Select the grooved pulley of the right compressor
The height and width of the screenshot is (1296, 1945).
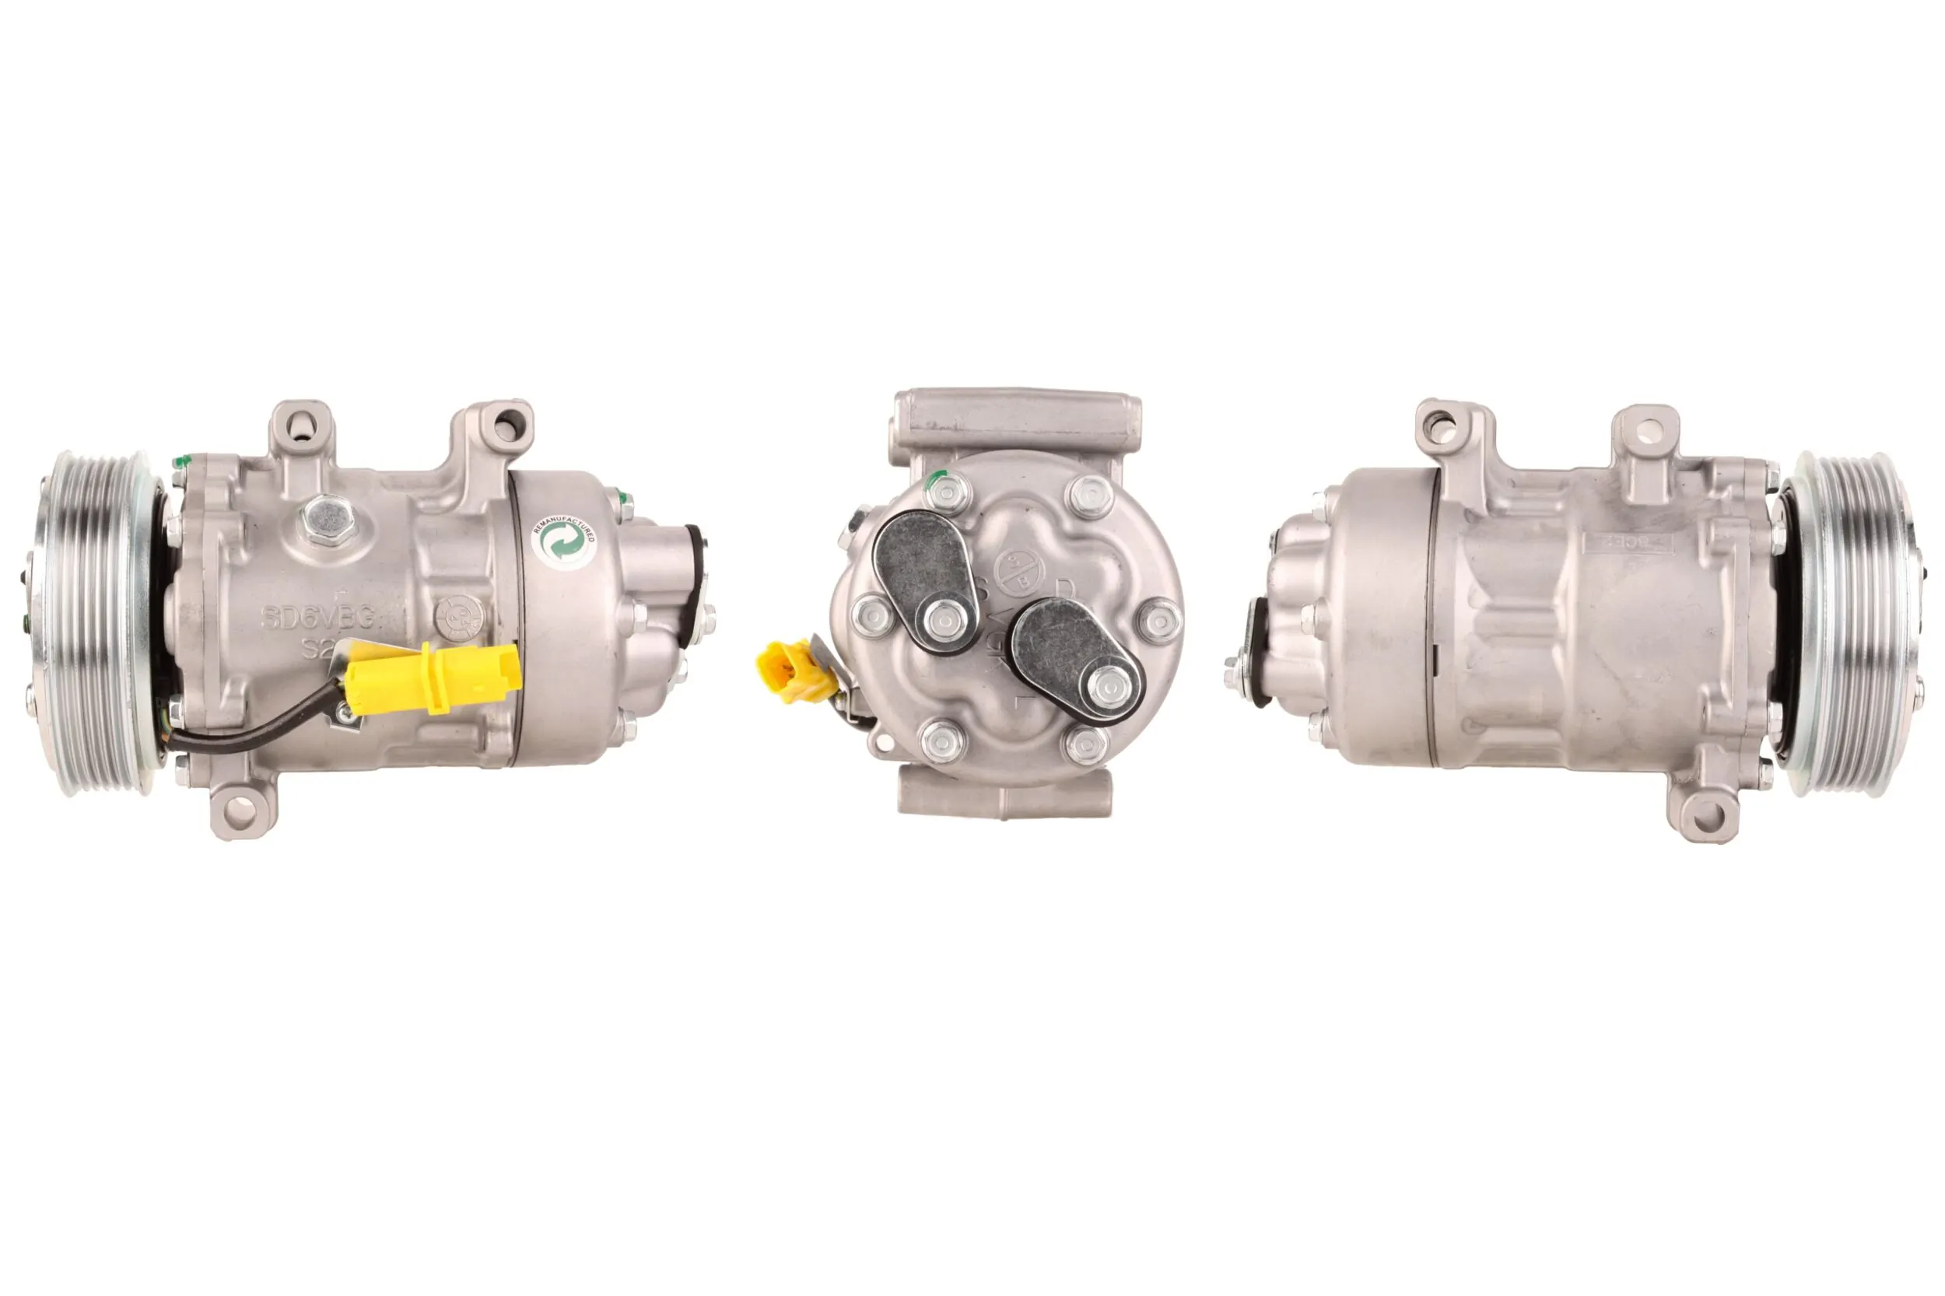(1852, 624)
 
